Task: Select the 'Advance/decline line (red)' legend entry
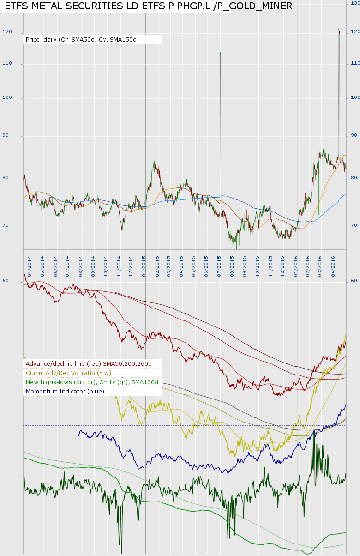(89, 363)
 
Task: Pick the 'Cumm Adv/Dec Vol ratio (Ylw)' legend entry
(68, 373)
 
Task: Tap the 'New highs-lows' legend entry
(92, 382)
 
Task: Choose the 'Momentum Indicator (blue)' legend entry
(65, 391)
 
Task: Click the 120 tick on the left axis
(7, 32)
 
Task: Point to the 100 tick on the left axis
(7, 98)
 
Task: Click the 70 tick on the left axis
(7, 226)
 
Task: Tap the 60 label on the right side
(354, 281)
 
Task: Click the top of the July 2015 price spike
(220, 53)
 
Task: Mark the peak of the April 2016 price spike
(339, 29)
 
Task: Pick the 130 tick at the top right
(355, 3)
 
